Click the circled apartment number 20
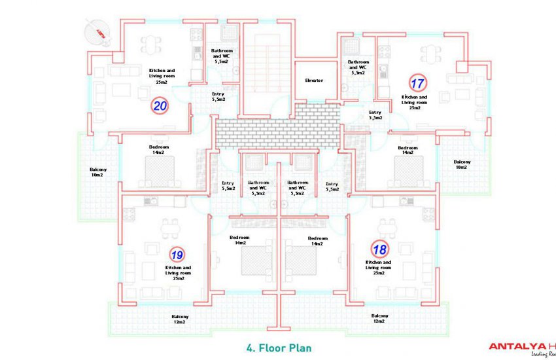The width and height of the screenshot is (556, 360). [x=160, y=105]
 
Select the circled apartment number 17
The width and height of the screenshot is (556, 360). [x=417, y=83]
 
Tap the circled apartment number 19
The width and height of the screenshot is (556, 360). [x=176, y=254]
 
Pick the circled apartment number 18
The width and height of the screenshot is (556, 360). [x=379, y=249]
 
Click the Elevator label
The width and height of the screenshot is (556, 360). [x=314, y=81]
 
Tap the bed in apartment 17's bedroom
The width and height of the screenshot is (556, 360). [x=409, y=171]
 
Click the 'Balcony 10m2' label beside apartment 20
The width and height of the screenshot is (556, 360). [x=98, y=172]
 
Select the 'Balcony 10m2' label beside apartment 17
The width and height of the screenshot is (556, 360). [x=460, y=164]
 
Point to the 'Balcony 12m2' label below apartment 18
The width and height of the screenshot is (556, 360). [x=380, y=319]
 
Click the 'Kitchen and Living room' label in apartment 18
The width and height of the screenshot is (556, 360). [x=378, y=268]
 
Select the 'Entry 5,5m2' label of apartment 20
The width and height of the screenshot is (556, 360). [x=218, y=97]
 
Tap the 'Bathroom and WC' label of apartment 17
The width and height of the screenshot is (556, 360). [x=358, y=68]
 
